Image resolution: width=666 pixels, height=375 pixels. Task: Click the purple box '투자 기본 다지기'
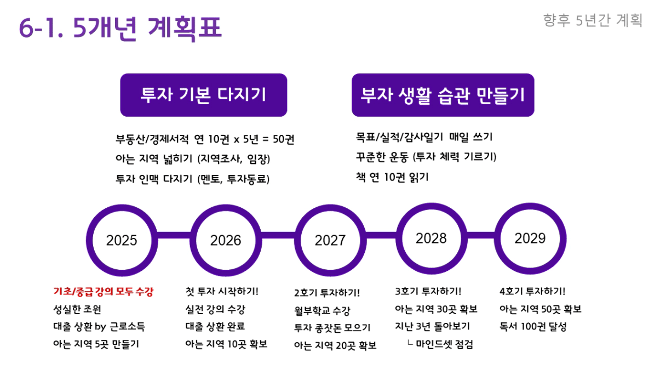coord(204,95)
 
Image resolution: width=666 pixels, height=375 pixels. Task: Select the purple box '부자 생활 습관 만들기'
coord(443,95)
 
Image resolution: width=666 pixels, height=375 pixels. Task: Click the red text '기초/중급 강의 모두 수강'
coord(103,292)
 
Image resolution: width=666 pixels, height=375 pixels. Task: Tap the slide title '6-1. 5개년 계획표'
coord(120,27)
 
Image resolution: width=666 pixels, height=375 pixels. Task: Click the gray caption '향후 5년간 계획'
coord(593,20)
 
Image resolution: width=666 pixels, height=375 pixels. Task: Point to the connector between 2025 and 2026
coord(174,235)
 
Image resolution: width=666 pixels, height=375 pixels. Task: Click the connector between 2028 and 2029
coord(481,235)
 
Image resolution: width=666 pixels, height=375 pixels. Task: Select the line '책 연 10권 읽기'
coord(392,177)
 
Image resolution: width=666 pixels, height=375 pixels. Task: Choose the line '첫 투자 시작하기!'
coord(222,291)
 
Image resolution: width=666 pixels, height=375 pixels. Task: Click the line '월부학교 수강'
coord(322,311)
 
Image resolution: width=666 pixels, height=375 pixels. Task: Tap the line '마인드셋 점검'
coord(444,344)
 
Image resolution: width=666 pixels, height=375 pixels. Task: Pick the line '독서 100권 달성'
coord(533,327)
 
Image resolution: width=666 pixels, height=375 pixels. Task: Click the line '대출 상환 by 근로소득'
coord(99,327)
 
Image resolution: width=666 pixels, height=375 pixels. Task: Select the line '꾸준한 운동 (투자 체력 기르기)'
coord(426,157)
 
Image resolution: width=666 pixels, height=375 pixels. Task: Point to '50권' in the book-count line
coord(283,139)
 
